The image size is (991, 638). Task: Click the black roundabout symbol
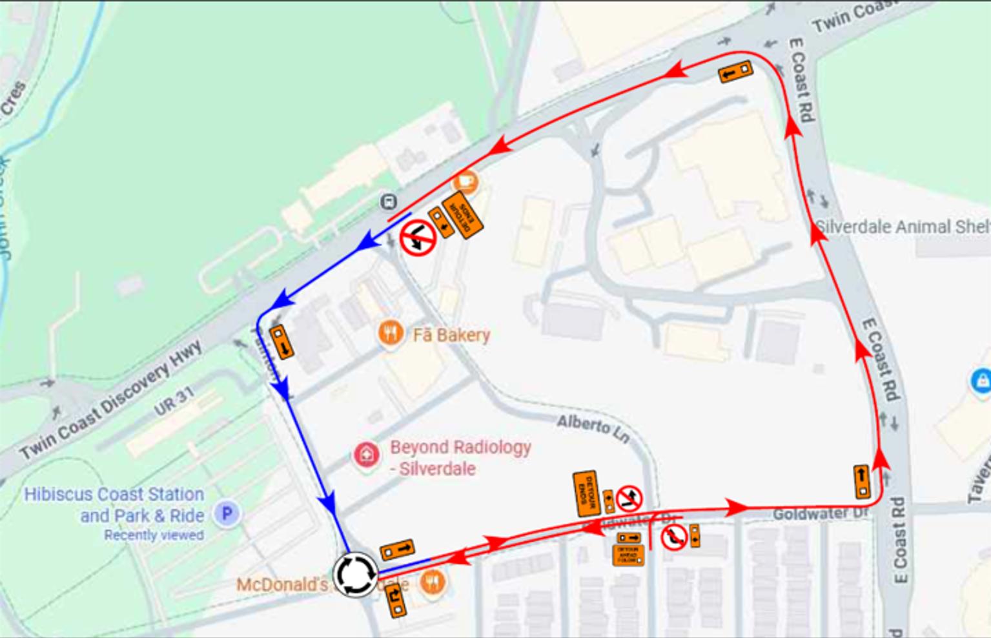[354, 573]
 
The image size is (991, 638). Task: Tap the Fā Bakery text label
[451, 335]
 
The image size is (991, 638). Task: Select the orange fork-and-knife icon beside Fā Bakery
[390, 333]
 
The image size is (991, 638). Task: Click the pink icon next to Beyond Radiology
[366, 455]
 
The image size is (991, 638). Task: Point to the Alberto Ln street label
[593, 429]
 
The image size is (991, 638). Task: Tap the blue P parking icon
[227, 514]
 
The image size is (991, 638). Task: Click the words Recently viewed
[154, 535]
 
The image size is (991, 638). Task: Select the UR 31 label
[174, 401]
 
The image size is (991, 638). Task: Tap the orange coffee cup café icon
[466, 181]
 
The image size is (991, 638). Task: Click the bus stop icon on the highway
[388, 202]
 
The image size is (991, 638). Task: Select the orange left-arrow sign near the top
[735, 72]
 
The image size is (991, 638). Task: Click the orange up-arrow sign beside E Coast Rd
[862, 482]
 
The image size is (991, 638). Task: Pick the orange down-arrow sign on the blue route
[281, 342]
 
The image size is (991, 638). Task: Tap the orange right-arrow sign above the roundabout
[397, 550]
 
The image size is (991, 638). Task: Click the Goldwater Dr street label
[821, 514]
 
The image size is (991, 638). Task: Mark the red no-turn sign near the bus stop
[418, 238]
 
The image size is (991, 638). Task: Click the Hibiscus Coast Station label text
[114, 495]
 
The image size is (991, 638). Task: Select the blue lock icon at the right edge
[981, 380]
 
